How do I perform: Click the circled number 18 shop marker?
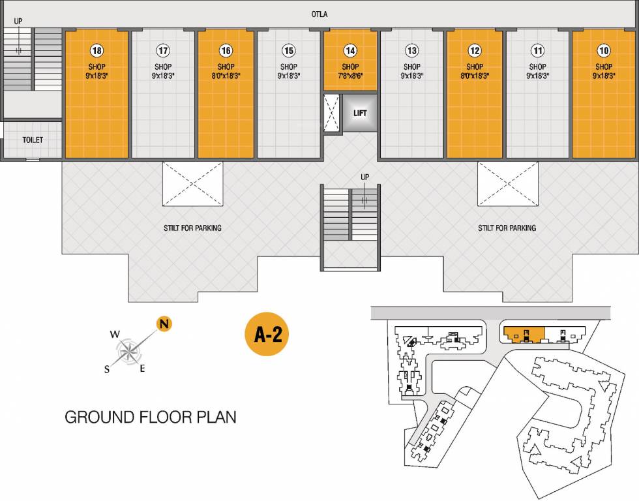click(x=97, y=50)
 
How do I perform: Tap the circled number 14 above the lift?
click(x=350, y=50)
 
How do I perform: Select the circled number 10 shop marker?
click(x=604, y=50)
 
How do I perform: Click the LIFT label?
click(x=360, y=113)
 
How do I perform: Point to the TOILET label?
click(x=33, y=140)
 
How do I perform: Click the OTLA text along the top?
click(x=319, y=14)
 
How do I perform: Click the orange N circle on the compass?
click(x=164, y=324)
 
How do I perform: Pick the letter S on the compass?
click(x=106, y=369)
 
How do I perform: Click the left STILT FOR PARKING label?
click(x=192, y=228)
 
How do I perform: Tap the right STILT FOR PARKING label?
click(x=507, y=228)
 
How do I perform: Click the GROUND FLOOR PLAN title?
click(x=150, y=417)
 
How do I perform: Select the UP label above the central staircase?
click(x=365, y=177)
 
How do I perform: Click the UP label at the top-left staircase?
click(x=18, y=21)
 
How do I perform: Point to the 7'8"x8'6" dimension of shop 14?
click(x=350, y=75)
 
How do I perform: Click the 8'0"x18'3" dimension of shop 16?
click(x=226, y=75)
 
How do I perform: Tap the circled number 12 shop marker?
click(x=475, y=50)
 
